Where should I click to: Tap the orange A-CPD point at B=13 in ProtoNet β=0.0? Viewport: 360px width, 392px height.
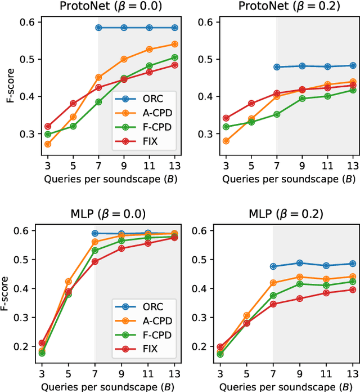coord(174,44)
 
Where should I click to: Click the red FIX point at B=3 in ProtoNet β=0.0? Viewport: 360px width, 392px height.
coord(47,126)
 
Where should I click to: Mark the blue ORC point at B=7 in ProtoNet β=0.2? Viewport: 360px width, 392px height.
coord(276,67)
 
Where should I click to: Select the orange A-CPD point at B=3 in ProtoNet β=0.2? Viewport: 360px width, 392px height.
coord(226,141)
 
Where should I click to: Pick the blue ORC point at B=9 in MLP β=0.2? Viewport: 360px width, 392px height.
coord(300,263)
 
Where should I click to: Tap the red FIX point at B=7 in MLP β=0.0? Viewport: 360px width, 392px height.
coord(94,261)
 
